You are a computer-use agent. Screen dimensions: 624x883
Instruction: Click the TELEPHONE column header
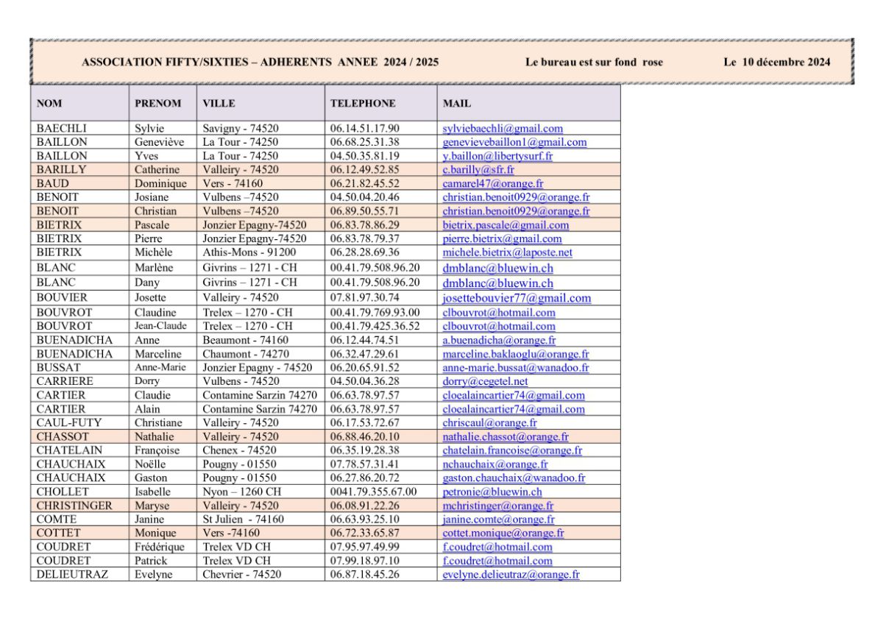tap(363, 104)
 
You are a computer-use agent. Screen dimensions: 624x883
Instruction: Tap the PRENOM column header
tap(157, 104)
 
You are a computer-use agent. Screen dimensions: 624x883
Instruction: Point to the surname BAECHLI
tap(62, 128)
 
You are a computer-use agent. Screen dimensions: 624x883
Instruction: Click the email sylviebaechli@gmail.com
tap(503, 128)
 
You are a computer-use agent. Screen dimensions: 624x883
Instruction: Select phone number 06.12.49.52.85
tap(365, 170)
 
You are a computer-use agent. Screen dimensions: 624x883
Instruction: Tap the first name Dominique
tap(157, 184)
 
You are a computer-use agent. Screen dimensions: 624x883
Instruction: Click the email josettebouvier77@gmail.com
tap(517, 298)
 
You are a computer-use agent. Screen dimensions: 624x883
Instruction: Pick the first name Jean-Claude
tap(160, 326)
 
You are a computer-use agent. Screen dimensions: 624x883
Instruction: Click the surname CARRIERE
tap(65, 381)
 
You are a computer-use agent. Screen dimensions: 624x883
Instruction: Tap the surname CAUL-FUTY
tap(69, 422)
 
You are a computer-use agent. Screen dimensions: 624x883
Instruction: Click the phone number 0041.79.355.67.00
tap(374, 492)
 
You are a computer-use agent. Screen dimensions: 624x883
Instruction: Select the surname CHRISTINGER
tap(74, 506)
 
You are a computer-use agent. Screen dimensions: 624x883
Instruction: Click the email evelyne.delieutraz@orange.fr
tap(511, 574)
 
